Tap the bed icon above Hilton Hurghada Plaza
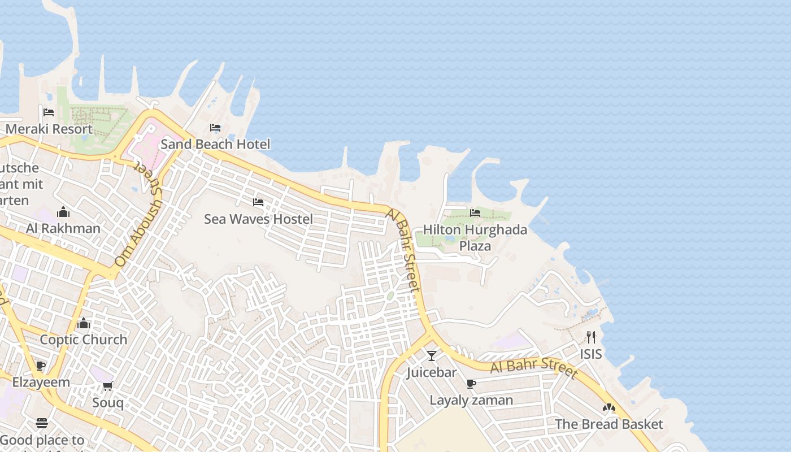(x=475, y=213)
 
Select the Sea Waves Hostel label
(x=258, y=219)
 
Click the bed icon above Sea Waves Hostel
(x=258, y=202)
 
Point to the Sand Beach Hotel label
(x=215, y=144)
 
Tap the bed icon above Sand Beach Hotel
(x=215, y=128)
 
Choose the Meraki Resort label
(x=49, y=129)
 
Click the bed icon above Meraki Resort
(x=49, y=112)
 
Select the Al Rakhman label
(x=63, y=228)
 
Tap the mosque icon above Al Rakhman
(x=63, y=212)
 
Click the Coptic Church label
(x=84, y=340)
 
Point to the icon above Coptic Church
(x=84, y=323)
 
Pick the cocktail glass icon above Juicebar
(x=432, y=355)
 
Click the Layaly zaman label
(x=471, y=400)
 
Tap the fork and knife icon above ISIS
(x=591, y=337)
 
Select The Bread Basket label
(x=609, y=424)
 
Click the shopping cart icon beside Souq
(x=108, y=386)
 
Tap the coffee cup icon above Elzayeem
(x=41, y=366)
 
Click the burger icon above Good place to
(x=42, y=423)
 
